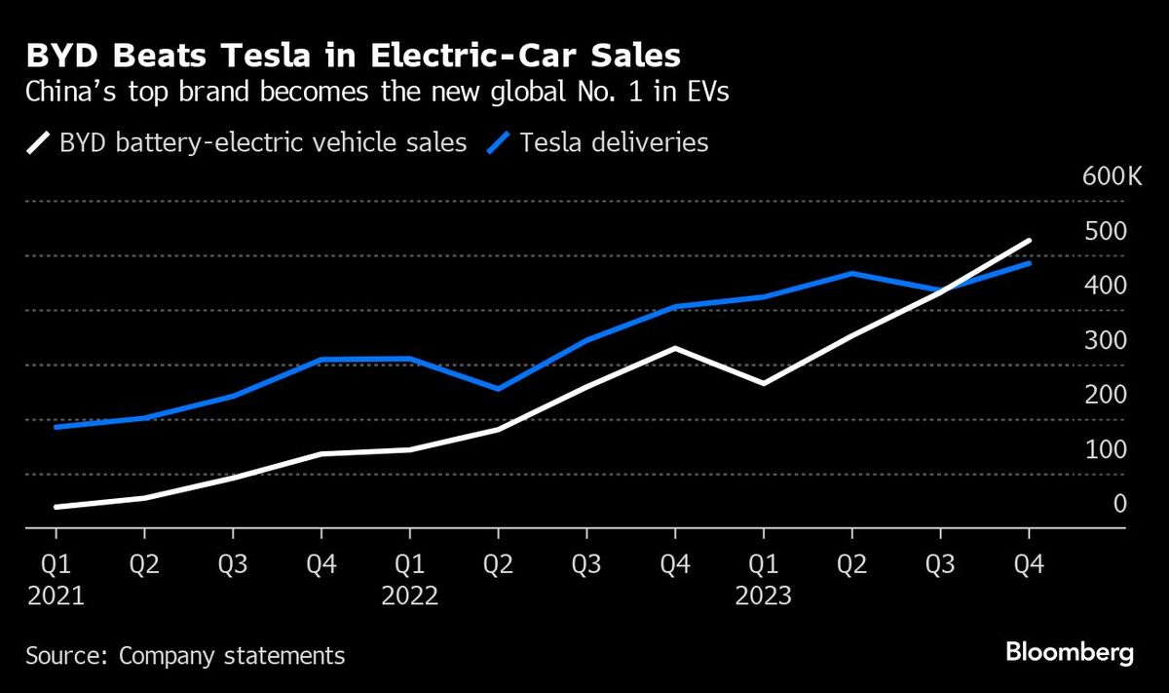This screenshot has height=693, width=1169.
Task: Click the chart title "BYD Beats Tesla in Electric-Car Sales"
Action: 354,54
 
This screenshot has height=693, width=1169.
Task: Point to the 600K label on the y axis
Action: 1098,176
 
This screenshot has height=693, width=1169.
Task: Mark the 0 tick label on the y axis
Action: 1120,504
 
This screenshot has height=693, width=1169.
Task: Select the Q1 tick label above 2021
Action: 57,564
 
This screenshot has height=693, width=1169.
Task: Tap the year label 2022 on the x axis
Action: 410,596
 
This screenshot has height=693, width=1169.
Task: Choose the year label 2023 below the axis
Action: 764,596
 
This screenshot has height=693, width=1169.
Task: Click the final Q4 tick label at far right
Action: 1029,564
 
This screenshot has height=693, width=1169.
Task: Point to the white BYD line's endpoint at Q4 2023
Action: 1029,241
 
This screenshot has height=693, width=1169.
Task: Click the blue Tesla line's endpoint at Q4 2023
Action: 1029,263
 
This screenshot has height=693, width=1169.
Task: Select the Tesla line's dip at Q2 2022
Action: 499,389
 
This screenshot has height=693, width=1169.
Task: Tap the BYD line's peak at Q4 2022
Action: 675,348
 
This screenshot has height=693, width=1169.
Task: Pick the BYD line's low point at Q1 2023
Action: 764,383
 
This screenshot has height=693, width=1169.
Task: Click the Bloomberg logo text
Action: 1069,653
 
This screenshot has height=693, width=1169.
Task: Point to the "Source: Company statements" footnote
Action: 185,655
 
